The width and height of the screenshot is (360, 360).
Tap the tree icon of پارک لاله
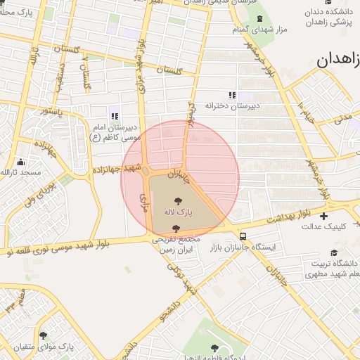(176, 201)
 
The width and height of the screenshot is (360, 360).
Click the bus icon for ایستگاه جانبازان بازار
(243, 237)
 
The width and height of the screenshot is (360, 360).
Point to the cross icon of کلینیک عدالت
(323, 216)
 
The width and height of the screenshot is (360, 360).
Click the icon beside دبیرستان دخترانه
(231, 95)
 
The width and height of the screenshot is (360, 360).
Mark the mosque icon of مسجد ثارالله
(20, 162)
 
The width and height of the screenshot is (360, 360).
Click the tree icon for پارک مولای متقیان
(44, 336)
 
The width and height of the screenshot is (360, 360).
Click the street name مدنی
(343, 117)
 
